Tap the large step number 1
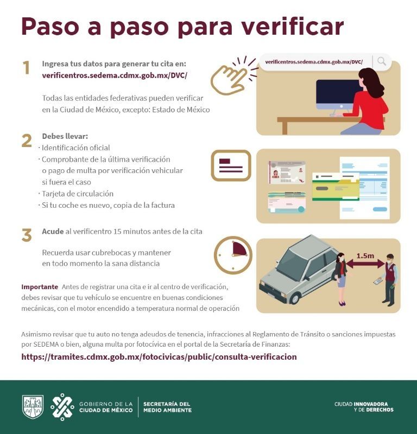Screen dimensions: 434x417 (x=26, y=68)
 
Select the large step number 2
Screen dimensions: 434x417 (x=27, y=141)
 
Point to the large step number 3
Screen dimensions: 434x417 (x=27, y=235)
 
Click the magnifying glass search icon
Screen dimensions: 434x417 (x=382, y=62)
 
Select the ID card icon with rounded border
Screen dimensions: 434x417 (x=231, y=165)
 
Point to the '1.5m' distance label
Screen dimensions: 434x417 (x=365, y=255)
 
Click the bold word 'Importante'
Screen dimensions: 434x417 (x=40, y=286)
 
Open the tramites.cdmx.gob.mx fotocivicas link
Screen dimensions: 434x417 (x=159, y=357)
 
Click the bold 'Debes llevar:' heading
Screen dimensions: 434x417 (x=65, y=136)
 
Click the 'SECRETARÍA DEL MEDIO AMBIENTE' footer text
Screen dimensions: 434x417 (x=167, y=407)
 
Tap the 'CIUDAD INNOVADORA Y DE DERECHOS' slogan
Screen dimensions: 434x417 (x=364, y=407)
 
